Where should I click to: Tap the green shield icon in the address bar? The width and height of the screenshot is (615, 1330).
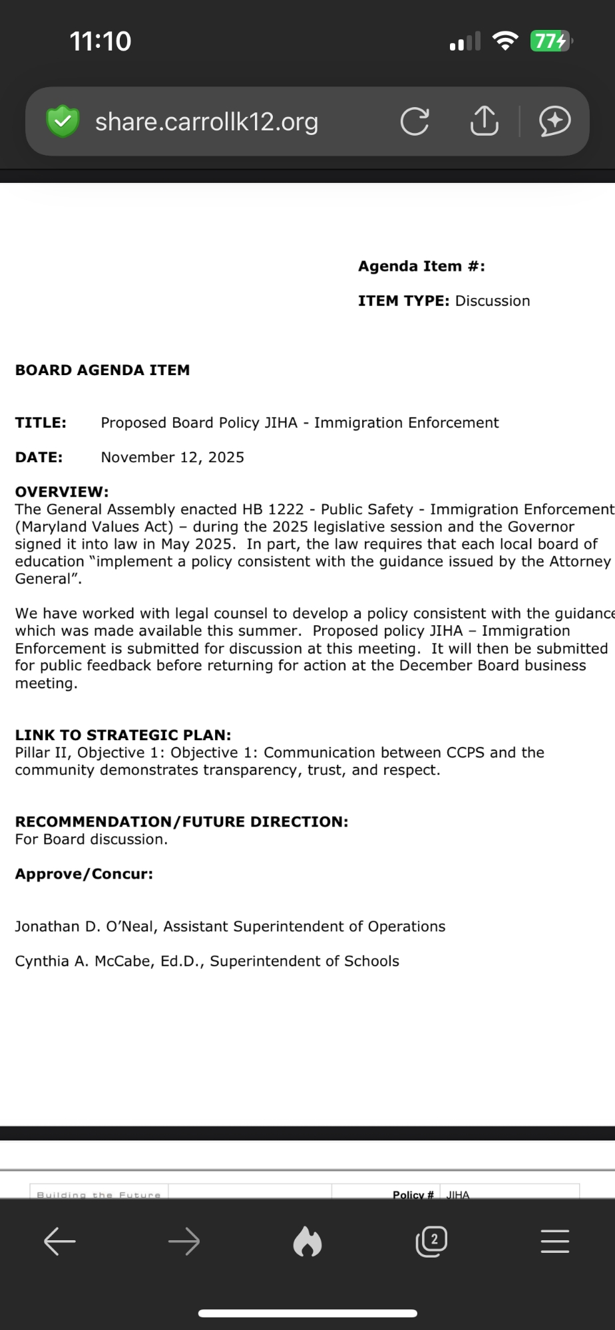(x=63, y=121)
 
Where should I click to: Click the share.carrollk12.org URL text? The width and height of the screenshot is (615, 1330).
(x=206, y=122)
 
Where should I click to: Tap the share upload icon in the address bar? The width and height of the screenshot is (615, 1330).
(x=484, y=121)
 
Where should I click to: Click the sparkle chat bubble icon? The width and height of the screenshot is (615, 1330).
(x=554, y=121)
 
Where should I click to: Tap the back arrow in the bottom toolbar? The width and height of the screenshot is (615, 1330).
(x=60, y=1242)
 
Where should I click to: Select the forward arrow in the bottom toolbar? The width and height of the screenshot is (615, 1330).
(x=184, y=1242)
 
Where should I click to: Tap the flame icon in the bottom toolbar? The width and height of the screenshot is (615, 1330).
(x=307, y=1242)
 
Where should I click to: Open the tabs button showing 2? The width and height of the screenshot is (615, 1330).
(x=431, y=1242)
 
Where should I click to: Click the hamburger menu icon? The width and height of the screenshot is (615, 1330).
(x=555, y=1242)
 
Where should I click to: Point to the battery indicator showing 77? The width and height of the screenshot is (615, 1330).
(x=550, y=41)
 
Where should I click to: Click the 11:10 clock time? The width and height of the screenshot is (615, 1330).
(x=101, y=41)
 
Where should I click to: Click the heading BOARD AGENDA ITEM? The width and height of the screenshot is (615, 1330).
(x=102, y=370)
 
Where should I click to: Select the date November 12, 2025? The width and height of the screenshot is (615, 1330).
(x=172, y=458)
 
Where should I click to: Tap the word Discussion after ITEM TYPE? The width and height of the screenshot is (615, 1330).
(x=493, y=301)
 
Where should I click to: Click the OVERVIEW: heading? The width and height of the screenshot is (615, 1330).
(x=62, y=492)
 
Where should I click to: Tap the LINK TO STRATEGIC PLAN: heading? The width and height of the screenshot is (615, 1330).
(x=123, y=735)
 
